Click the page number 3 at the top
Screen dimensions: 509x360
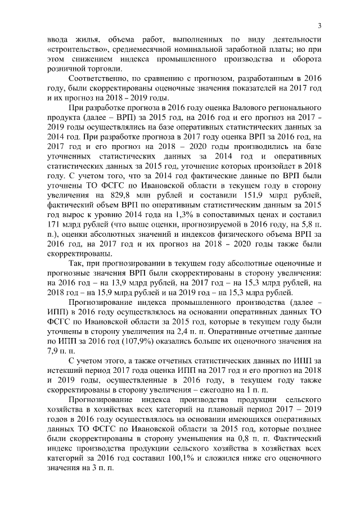point(319,25)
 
